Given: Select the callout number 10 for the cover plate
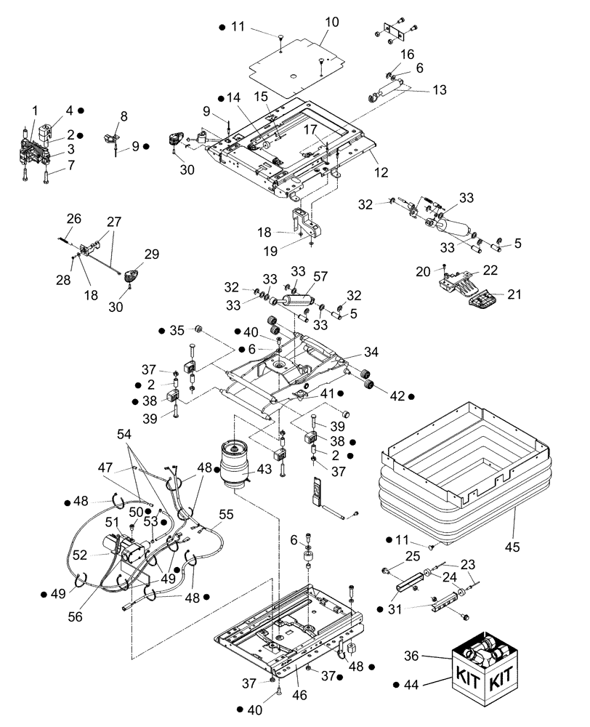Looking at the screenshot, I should point(331,23).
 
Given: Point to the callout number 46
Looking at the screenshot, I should point(299,695).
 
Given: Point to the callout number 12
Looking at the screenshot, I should point(381,172).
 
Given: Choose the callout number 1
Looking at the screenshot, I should point(34,111).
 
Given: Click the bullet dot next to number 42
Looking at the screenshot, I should point(411,396).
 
